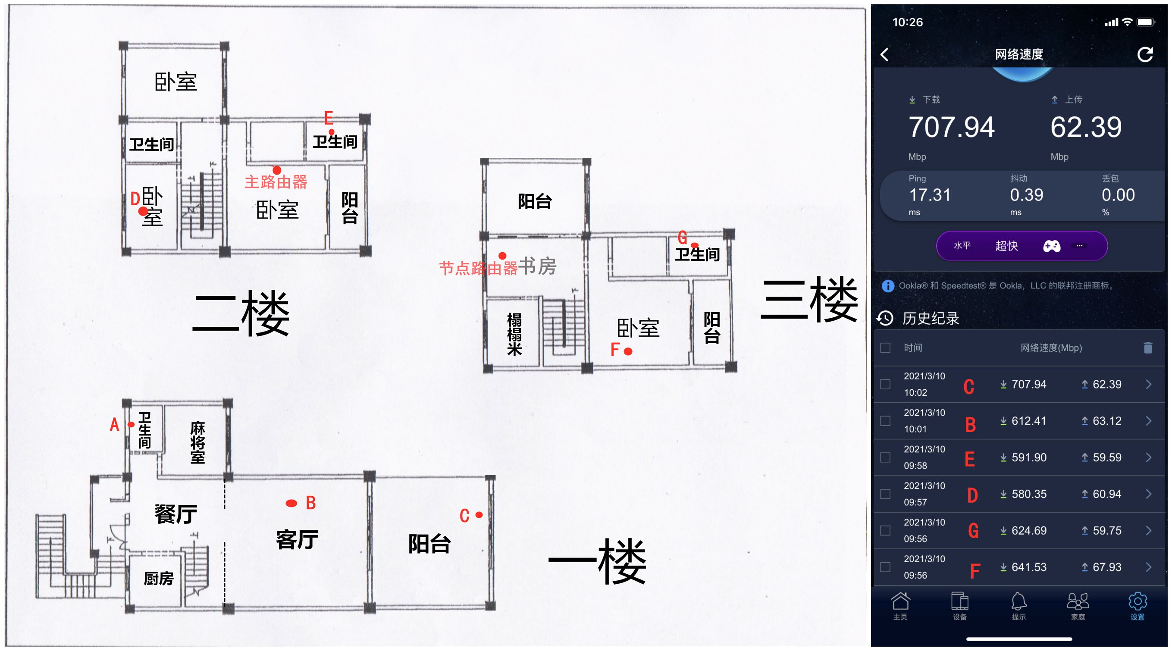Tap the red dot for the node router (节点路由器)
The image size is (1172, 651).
tap(502, 256)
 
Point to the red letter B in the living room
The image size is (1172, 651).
tap(311, 503)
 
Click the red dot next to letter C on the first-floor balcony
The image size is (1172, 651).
tap(479, 515)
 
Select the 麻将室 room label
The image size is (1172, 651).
tap(198, 442)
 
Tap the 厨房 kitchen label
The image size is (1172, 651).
tap(159, 578)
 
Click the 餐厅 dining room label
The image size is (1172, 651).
tap(175, 514)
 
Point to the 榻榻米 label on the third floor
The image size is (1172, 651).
tap(514, 334)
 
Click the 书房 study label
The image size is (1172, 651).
tap(537, 266)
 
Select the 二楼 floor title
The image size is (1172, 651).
tap(241, 314)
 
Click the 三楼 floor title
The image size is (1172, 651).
tap(809, 299)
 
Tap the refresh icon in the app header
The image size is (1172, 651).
tap(1145, 55)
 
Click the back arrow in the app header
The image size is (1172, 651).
tap(884, 55)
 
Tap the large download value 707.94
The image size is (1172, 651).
tap(951, 127)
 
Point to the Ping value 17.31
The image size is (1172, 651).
tap(930, 195)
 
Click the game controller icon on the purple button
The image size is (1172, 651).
tap(1051, 246)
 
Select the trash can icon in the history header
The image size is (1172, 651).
tap(1148, 347)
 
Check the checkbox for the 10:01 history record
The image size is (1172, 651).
tap(885, 421)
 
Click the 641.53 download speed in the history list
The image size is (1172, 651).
tap(1029, 567)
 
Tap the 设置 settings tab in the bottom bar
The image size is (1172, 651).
tap(1138, 606)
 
